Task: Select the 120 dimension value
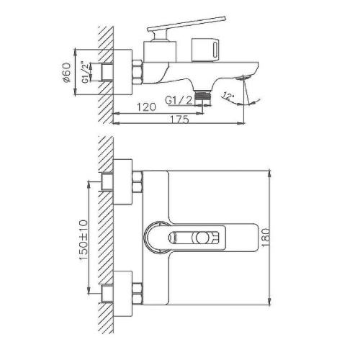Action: pyautogui.click(x=146, y=109)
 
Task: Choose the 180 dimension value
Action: pyautogui.click(x=278, y=235)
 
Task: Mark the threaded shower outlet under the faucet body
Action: pyautogui.click(x=207, y=94)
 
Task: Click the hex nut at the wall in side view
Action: pyautogui.click(x=136, y=73)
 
